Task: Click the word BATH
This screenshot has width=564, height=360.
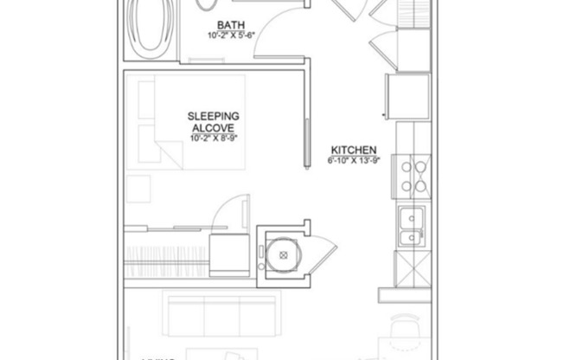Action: pos(229,25)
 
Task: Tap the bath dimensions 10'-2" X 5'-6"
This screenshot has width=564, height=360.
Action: pos(229,35)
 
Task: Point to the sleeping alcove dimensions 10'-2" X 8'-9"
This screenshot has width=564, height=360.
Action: pos(214,138)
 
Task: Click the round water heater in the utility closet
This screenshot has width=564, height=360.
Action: pos(281,254)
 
